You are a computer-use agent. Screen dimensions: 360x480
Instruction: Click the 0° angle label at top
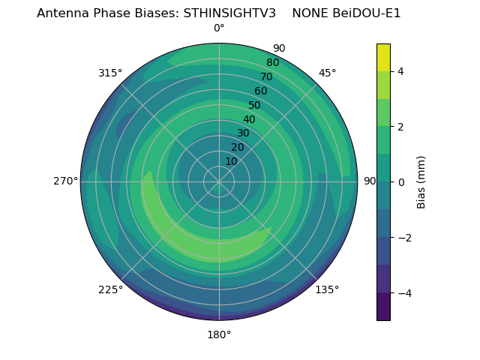[x=219, y=28]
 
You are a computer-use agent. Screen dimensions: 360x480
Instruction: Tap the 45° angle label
[x=328, y=73]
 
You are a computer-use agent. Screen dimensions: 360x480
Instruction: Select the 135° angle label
[x=327, y=289]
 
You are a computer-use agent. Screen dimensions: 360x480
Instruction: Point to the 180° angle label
[x=219, y=334]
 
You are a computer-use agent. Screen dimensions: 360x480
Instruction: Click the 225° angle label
[x=110, y=289]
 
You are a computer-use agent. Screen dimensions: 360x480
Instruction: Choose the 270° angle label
[x=65, y=181]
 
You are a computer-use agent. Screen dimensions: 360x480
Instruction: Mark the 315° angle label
[x=110, y=73]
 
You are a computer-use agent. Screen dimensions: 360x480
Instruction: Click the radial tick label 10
[x=231, y=161]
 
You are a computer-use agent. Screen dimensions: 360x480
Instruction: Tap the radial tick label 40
[x=249, y=119]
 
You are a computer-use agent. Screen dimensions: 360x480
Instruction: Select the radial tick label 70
[x=266, y=76]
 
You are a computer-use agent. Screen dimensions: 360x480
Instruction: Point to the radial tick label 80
[x=272, y=62]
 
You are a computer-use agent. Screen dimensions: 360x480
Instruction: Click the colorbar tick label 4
[x=400, y=71]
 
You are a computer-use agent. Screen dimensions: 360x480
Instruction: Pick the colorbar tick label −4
[x=401, y=292]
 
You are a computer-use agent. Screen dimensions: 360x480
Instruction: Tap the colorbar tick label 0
[x=400, y=181]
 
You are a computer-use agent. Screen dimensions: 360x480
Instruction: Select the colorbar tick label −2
[x=401, y=237]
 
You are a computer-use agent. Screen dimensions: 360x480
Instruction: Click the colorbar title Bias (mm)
[x=421, y=181]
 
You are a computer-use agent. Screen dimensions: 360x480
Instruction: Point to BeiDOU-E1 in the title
[x=367, y=13]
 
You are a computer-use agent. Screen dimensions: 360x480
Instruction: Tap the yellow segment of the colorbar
[x=383, y=57]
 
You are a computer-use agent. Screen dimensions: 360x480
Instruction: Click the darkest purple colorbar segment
[x=383, y=306]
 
